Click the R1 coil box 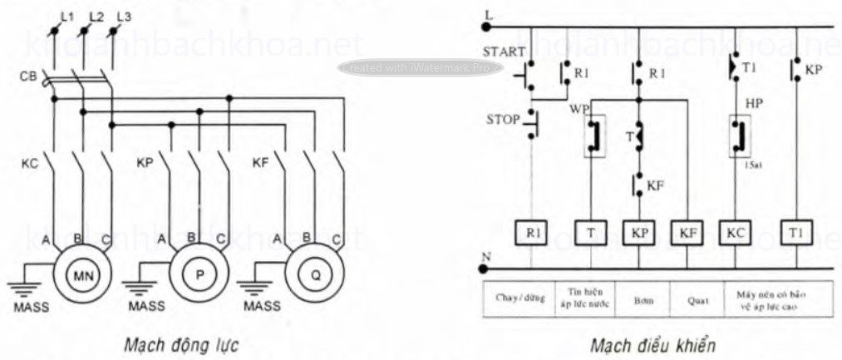(529, 234)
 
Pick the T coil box (588, 234)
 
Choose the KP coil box (638, 234)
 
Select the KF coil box (687, 234)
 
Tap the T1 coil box (796, 234)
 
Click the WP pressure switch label (579, 109)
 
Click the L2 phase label (95, 16)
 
